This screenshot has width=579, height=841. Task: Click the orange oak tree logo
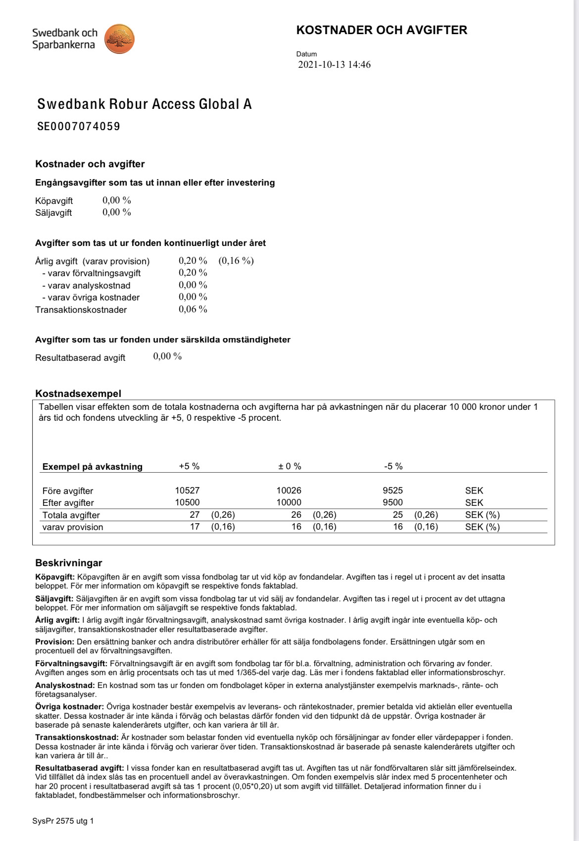pos(119,39)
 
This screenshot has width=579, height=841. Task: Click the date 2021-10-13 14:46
pos(334,65)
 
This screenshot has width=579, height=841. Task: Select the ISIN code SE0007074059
pos(79,126)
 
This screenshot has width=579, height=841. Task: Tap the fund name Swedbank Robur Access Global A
pos(145,104)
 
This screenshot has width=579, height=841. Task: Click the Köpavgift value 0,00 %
pos(117,200)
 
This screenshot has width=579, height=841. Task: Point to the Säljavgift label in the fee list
pos(53,213)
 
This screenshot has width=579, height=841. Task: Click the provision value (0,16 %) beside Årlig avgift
pos(236,261)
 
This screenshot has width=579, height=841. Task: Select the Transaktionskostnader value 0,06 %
pos(193,309)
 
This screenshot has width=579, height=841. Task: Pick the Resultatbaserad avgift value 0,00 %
pos(167,356)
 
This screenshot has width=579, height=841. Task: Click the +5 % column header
pos(189,466)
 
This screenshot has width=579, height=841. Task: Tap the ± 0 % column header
pos(289,466)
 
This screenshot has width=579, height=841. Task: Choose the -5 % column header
pos(393,466)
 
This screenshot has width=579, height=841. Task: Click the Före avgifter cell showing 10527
pos(187,491)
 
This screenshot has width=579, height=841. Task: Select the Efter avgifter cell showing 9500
pos(392,502)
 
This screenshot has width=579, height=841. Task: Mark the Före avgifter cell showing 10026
pos(289,491)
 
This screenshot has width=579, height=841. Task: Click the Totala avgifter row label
pos(71,515)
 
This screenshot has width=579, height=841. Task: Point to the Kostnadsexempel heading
pos(78,394)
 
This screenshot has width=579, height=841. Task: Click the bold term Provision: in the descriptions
pos(54,642)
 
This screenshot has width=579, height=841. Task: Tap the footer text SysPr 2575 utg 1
pos(63,821)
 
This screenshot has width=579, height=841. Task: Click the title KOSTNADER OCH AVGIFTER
pos(382,30)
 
